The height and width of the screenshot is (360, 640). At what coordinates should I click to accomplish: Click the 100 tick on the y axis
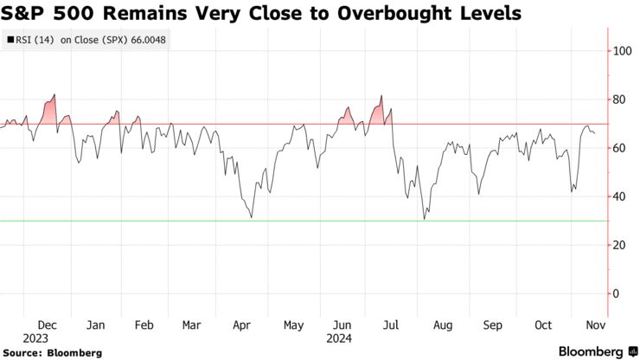pyautogui.click(x=620, y=51)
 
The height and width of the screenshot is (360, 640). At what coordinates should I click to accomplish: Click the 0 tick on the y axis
pyautogui.click(x=615, y=293)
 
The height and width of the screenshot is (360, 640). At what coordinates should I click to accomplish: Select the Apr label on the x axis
pyautogui.click(x=243, y=325)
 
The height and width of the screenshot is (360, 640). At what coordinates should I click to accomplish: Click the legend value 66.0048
pyautogui.click(x=176, y=39)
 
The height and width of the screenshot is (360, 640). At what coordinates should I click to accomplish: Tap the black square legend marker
pyautogui.click(x=10, y=39)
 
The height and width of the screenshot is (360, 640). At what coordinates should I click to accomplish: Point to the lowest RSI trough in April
pyautogui.click(x=251, y=216)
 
